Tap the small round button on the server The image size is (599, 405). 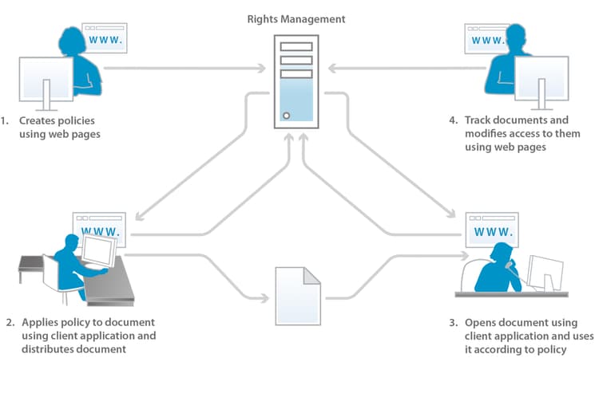coord(285,116)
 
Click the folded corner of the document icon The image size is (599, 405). coord(311,275)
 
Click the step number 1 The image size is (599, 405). coord(4,120)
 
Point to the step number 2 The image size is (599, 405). coord(10,323)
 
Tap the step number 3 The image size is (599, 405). coord(453,323)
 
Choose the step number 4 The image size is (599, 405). coord(453,120)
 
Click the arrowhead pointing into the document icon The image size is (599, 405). coord(265,299)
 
